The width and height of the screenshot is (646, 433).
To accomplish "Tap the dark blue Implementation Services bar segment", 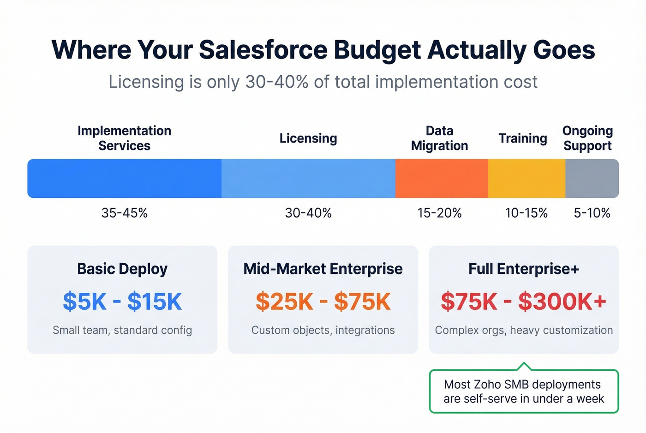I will [x=125, y=178].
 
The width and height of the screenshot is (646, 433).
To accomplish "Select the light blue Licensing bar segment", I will [x=308, y=178].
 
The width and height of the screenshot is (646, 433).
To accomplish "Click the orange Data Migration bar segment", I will [x=442, y=178].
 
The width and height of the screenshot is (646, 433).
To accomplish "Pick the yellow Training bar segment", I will [x=526, y=178].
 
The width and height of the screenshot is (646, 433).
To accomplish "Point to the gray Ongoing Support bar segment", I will [x=592, y=178].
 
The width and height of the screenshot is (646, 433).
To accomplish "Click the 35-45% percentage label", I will [x=125, y=213].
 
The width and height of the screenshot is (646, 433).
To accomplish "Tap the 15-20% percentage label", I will [x=439, y=213].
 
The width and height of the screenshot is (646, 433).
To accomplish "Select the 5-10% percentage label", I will [x=592, y=213].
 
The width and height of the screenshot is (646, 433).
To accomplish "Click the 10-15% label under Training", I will [x=526, y=213].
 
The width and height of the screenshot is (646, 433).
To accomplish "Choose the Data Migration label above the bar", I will [x=439, y=138].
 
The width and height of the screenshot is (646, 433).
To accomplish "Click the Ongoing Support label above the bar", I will [x=587, y=138].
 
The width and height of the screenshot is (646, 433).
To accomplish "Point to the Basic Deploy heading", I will [x=122, y=269].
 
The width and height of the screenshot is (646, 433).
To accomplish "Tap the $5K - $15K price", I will [x=122, y=302].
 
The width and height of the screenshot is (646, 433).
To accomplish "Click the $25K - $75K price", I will [x=323, y=302].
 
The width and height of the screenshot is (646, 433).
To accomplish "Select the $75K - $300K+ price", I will [x=523, y=302].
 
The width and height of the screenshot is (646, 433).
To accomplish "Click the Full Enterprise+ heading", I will [x=524, y=269].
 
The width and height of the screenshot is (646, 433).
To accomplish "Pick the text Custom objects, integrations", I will [x=323, y=330].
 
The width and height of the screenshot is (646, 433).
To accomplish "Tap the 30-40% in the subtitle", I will [x=276, y=82].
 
